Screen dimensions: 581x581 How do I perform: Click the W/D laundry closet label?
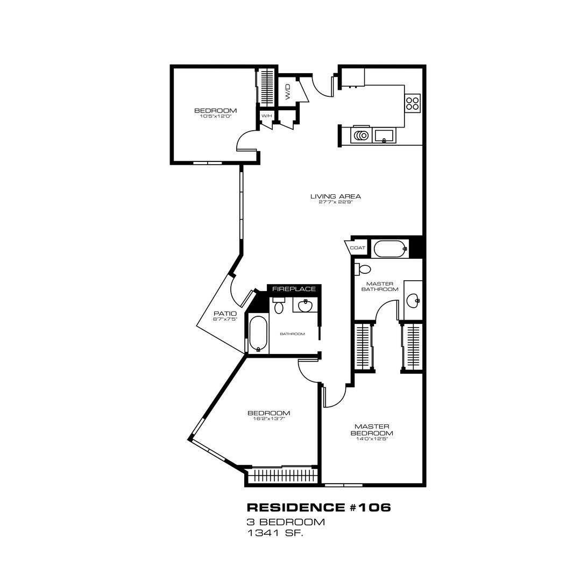tap(287, 91)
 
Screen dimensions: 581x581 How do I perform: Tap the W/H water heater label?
tap(267, 116)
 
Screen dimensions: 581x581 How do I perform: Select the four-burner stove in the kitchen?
tap(413, 103)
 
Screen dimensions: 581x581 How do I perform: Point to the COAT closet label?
tap(358, 248)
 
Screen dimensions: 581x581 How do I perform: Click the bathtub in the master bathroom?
tap(391, 249)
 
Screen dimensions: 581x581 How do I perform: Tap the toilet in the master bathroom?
tap(363, 268)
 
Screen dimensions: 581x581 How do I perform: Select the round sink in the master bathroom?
tap(413, 300)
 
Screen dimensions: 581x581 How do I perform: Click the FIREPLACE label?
tap(294, 289)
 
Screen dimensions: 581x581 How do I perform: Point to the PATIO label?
tap(225, 314)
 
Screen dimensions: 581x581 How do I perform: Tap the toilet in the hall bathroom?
tap(279, 304)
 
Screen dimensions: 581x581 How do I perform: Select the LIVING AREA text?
tap(335, 196)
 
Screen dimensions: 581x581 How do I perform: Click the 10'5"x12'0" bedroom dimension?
tap(215, 116)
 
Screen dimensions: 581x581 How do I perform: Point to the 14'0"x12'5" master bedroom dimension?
tap(372, 439)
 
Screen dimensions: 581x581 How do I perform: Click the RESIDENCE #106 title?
tap(318, 507)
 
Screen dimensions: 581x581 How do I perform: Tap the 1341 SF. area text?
tap(275, 534)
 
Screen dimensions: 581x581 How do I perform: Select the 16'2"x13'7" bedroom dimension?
tap(268, 419)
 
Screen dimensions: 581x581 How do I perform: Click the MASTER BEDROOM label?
tap(372, 430)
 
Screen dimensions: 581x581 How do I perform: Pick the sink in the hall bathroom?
tap(306, 306)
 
